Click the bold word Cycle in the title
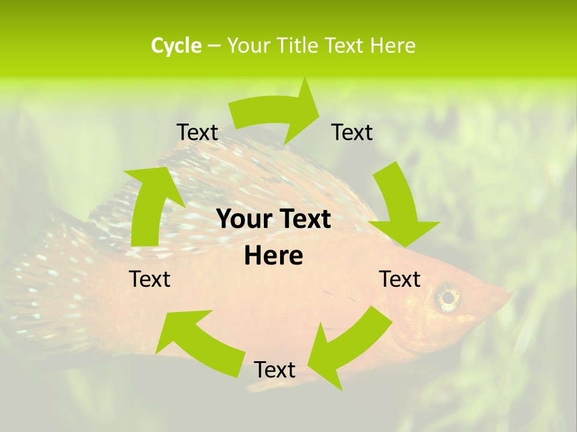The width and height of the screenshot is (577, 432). tap(176, 46)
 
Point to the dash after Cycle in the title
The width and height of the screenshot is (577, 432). tap(214, 46)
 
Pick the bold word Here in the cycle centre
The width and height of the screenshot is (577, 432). tap(273, 256)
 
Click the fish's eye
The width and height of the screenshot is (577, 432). tap(447, 296)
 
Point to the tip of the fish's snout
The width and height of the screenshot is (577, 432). tap(511, 294)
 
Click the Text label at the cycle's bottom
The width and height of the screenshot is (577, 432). tap(275, 370)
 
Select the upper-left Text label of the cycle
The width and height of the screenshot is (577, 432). tap(197, 132)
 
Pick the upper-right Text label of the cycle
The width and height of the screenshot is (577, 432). tap(352, 132)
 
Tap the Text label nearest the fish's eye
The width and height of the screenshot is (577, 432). tap(400, 279)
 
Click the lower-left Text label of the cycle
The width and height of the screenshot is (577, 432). tap(150, 279)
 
